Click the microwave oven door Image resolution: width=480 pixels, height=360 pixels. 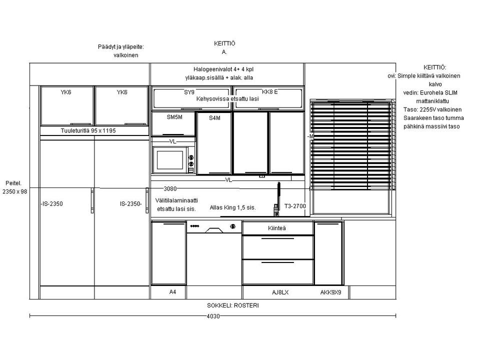pyautogui.click(x=170, y=160)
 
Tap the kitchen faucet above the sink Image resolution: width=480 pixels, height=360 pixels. pyautogui.click(x=277, y=199)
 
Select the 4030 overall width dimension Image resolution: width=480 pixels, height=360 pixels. pyautogui.click(x=213, y=316)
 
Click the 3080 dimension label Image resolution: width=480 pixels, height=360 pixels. pyautogui.click(x=170, y=188)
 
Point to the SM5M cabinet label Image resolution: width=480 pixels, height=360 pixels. pyautogui.click(x=174, y=117)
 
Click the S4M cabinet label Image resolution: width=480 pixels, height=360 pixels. pyautogui.click(x=214, y=118)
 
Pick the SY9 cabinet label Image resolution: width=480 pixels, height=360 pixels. pyautogui.click(x=189, y=92)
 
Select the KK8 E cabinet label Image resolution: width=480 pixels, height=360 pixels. pyautogui.click(x=270, y=92)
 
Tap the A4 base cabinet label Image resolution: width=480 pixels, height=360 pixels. pyautogui.click(x=172, y=292)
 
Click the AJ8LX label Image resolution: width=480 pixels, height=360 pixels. pyautogui.click(x=280, y=292)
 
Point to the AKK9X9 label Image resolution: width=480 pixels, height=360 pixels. pyautogui.click(x=330, y=292)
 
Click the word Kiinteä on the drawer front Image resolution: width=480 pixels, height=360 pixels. pyautogui.click(x=276, y=228)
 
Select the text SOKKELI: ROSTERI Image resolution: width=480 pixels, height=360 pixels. pyautogui.click(x=233, y=305)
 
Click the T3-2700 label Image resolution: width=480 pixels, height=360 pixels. pyautogui.click(x=295, y=206)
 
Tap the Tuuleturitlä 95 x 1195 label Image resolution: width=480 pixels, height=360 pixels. pyautogui.click(x=88, y=130)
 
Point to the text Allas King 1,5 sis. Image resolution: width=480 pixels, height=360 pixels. pyautogui.click(x=232, y=207)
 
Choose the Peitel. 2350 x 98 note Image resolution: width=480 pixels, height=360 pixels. pyautogui.click(x=14, y=187)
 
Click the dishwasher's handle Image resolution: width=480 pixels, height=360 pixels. pyautogui.click(x=214, y=230)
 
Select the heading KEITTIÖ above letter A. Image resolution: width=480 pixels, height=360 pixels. pyautogui.click(x=224, y=43)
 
